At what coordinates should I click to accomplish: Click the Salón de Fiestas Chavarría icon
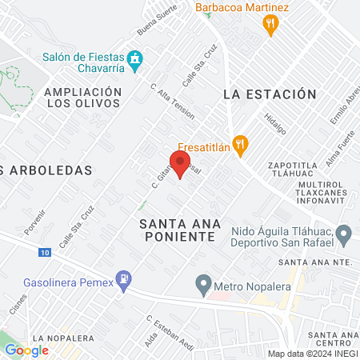click(x=136, y=58)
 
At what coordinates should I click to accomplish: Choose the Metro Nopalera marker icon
click(x=204, y=284)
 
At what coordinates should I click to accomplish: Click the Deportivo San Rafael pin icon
click(x=344, y=235)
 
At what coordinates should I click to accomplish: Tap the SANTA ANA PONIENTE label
click(x=178, y=230)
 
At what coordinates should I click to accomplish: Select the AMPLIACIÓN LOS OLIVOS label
click(x=83, y=98)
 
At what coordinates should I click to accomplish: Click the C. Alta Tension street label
click(x=171, y=99)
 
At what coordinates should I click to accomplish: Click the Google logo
click(x=26, y=350)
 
